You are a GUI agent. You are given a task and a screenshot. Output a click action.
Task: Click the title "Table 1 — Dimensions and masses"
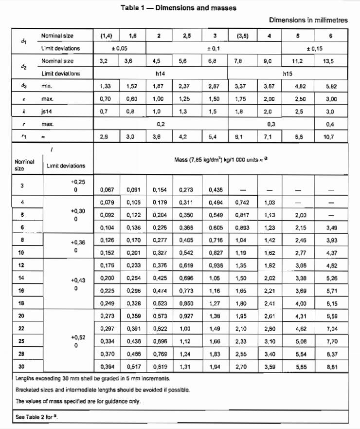178,8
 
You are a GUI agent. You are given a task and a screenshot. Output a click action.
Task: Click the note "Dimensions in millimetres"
308,20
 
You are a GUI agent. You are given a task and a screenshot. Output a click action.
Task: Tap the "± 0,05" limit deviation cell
119,48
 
